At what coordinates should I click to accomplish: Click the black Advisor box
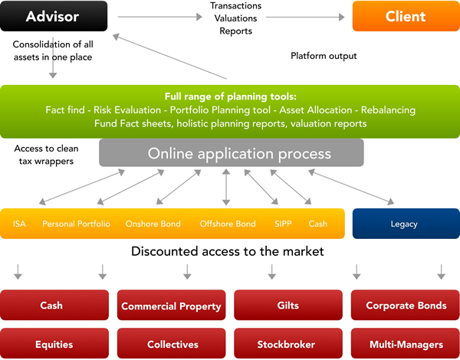54,16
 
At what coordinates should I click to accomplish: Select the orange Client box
406,16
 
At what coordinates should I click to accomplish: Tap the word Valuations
235,18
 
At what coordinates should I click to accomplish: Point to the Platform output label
324,56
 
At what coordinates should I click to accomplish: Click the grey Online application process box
232,152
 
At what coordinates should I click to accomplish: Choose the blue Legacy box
406,224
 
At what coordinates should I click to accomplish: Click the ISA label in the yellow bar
19,224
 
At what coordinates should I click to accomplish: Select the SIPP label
283,224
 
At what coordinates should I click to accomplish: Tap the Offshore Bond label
228,224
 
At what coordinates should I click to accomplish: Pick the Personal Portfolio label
76,224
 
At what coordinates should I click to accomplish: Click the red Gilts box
288,305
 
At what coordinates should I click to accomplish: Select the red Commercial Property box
171,305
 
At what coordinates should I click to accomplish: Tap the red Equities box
54,343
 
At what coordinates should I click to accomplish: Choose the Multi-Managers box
406,343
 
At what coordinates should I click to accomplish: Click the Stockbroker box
288,343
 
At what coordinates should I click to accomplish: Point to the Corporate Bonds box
406,305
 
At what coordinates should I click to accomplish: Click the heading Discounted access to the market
228,251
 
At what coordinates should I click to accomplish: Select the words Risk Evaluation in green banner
127,110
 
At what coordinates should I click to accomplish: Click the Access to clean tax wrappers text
46,155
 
